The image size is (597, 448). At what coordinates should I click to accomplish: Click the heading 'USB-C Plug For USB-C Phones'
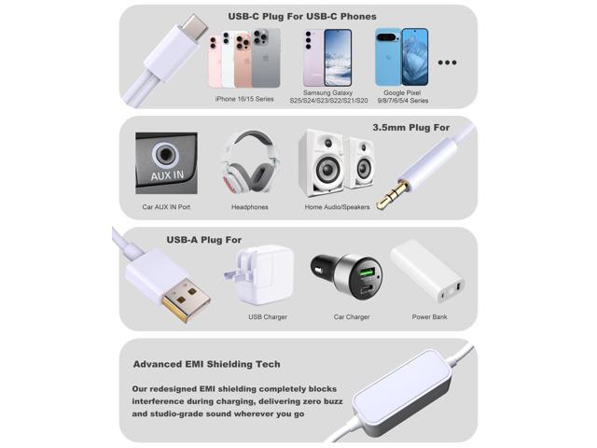coord(302,16)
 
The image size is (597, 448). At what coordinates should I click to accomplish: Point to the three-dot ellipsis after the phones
coord(448,63)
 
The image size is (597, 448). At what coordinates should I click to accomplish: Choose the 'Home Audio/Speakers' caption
coord(337,206)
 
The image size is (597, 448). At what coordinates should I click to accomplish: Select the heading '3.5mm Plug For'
coord(410,127)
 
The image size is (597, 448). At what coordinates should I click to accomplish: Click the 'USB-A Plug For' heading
coord(204,240)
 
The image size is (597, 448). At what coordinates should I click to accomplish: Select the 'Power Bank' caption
coord(430,317)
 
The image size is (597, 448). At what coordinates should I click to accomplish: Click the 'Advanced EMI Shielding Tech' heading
coord(206,364)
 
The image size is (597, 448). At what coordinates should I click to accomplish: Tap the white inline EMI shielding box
coord(410,401)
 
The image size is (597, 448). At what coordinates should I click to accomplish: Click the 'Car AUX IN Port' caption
coord(165,206)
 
